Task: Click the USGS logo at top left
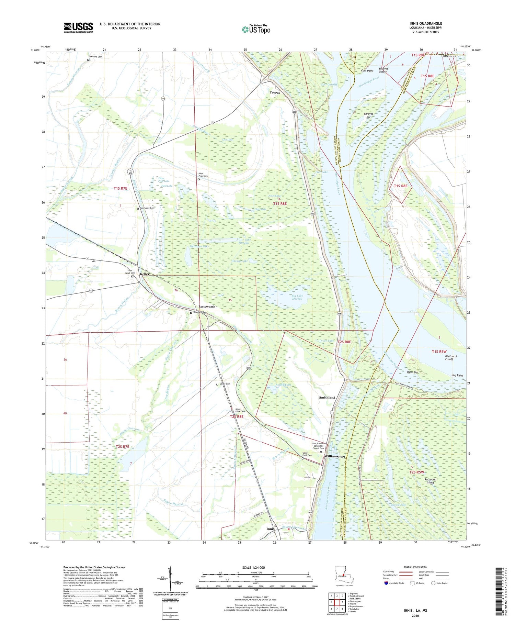[x=78, y=27]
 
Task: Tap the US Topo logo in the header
[x=256, y=30]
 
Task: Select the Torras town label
[x=274, y=92]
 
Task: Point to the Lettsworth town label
[x=207, y=307]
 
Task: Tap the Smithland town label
[x=327, y=397]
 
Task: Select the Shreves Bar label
[x=368, y=115]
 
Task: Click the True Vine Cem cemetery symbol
[x=88, y=60]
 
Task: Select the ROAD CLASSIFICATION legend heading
[x=415, y=567]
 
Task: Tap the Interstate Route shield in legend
[x=386, y=583]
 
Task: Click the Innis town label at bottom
[x=270, y=529]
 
